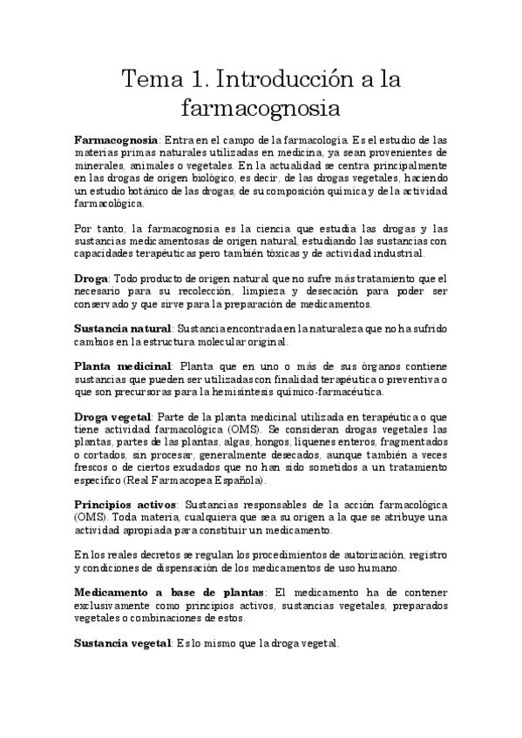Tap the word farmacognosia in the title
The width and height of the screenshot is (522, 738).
261,110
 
